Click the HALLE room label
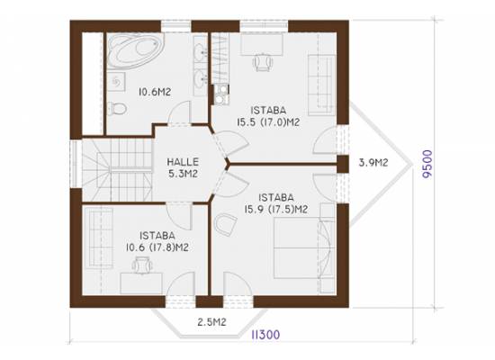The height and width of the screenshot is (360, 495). (183, 162)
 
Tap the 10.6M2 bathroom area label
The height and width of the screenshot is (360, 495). (155, 92)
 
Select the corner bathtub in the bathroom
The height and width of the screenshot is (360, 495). (135, 51)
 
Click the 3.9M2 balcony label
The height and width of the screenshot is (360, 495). (373, 162)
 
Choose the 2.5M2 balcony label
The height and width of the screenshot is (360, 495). (211, 322)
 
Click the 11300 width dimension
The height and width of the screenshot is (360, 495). (265, 335)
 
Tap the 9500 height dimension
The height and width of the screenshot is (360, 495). (427, 164)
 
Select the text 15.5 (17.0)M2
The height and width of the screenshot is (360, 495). (268, 122)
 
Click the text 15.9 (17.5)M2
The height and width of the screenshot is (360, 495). (276, 209)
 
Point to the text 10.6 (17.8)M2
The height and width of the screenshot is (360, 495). (157, 247)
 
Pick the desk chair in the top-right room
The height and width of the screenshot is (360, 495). (262, 62)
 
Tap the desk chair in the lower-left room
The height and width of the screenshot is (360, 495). (141, 265)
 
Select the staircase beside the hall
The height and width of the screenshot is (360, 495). (117, 170)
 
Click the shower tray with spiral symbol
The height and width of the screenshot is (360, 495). (116, 82)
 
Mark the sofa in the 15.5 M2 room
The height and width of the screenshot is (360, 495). (321, 85)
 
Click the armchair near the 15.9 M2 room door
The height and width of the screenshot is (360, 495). (225, 224)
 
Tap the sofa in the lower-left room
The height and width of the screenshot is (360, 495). (101, 238)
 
